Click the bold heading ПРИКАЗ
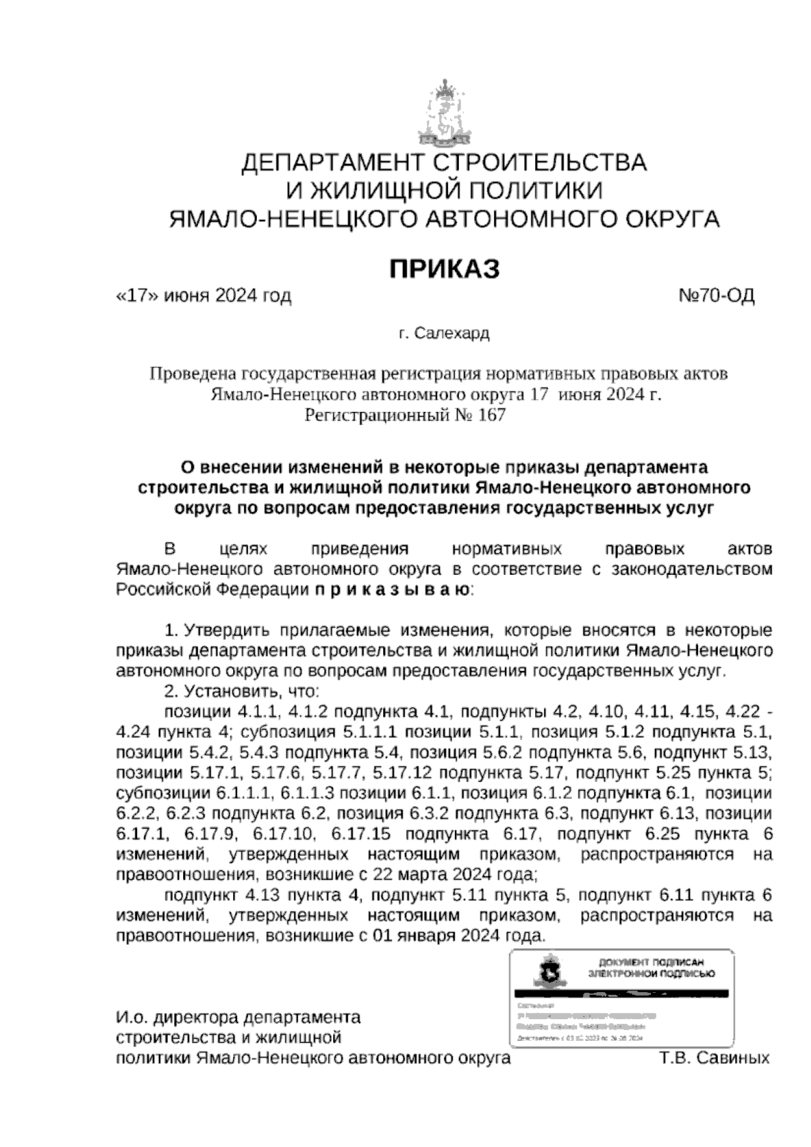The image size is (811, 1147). pos(444,268)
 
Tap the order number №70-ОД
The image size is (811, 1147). pos(715,296)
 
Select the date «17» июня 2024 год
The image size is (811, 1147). pos(204,296)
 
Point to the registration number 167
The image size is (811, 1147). pos(491,415)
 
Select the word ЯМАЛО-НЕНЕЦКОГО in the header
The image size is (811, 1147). pos(284,218)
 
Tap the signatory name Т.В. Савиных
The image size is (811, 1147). pos(714,1057)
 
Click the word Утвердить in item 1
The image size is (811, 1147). pos(223,631)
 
